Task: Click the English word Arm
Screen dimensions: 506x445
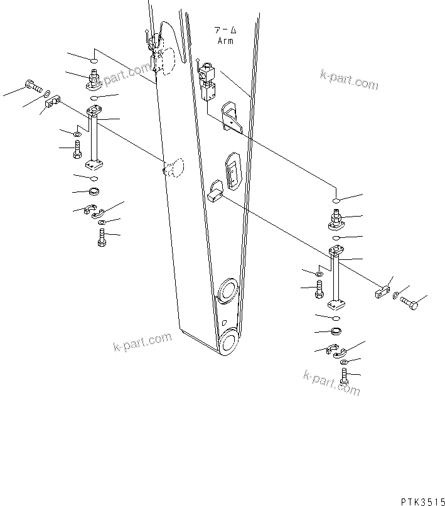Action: point(225,41)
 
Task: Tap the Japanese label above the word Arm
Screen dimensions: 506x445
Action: point(225,30)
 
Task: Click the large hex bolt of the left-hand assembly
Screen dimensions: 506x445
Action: point(31,86)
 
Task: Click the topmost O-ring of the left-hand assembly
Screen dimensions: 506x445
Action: point(93,62)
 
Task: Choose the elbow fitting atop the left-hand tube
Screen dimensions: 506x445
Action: point(93,80)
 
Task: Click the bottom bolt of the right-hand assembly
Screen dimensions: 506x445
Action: point(344,377)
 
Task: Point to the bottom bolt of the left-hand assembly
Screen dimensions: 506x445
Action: point(102,238)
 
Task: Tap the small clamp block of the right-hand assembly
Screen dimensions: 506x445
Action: point(380,291)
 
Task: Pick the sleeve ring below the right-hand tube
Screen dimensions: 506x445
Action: point(336,331)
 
